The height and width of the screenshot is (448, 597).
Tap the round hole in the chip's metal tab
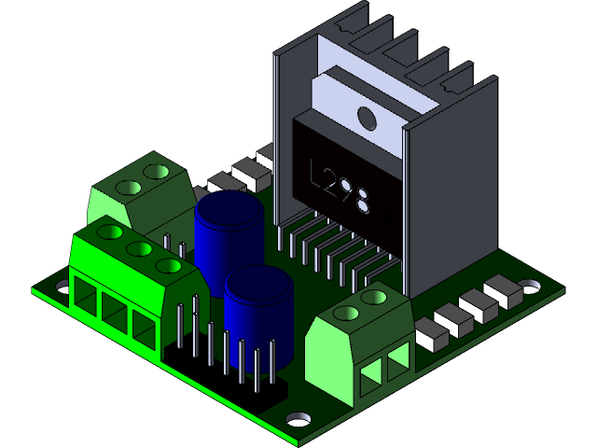coord(366,117)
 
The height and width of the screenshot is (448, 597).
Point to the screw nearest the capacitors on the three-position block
coord(169,265)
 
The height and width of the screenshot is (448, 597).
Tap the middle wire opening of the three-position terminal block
coord(114,314)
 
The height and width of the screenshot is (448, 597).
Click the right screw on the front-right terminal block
coord(375,297)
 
